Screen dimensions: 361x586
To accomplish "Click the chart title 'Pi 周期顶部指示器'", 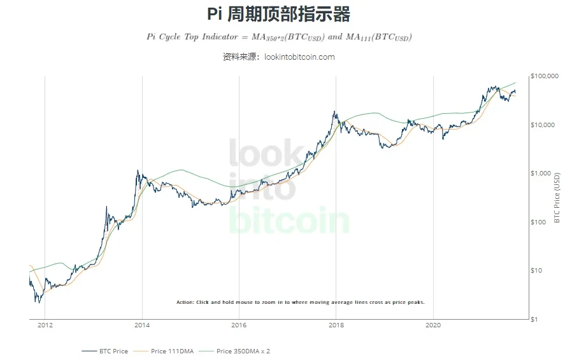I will [x=279, y=14].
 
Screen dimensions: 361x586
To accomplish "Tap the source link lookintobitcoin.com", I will [x=299, y=57].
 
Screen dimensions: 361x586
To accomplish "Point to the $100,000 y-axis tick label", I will [x=544, y=76].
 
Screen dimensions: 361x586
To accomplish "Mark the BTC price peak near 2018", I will [x=334, y=112].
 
